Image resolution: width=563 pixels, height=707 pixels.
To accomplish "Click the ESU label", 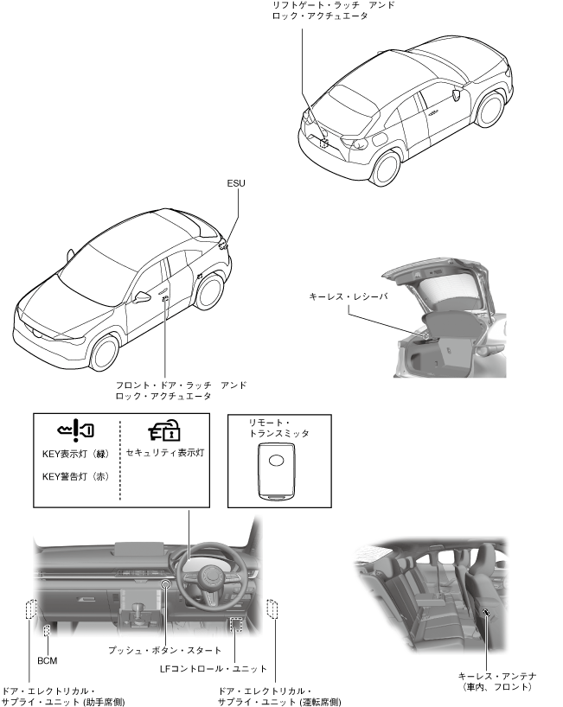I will tap(235, 183).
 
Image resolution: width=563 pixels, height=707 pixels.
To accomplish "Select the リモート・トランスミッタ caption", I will tap(278, 428).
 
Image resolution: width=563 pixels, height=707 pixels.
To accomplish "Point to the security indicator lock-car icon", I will tap(163, 430).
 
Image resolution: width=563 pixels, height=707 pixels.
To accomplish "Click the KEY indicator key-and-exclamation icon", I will tap(76, 429).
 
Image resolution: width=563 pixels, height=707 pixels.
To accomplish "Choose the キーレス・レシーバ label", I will tap(349, 296).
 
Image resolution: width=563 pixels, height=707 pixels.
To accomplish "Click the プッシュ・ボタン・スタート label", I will tap(165, 650).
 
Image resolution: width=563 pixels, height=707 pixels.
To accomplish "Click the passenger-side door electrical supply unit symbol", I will tap(31, 609).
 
